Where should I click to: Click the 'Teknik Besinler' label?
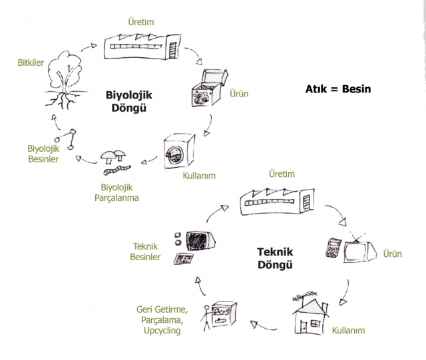[x=146, y=252]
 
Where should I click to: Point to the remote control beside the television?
[x=333, y=248]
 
